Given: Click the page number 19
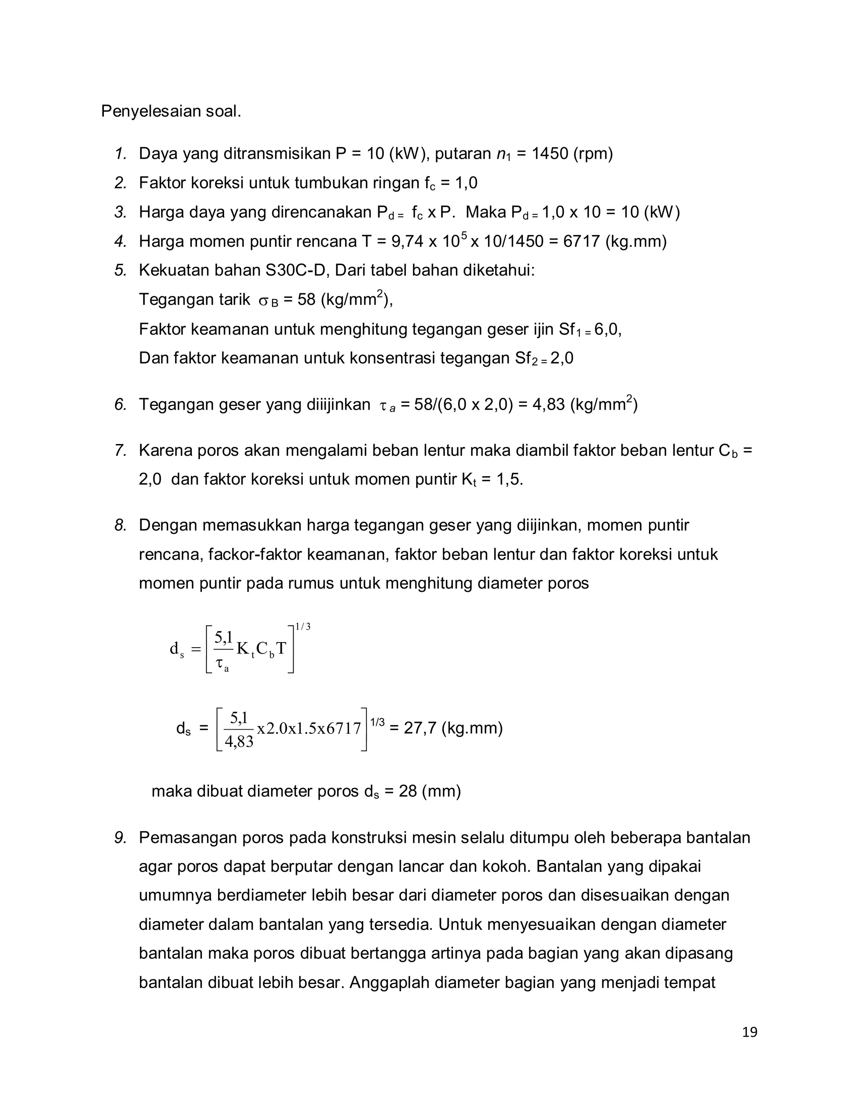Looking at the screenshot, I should [749, 1032].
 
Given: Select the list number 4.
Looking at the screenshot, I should [121, 241].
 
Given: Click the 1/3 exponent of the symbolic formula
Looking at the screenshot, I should [303, 627].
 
